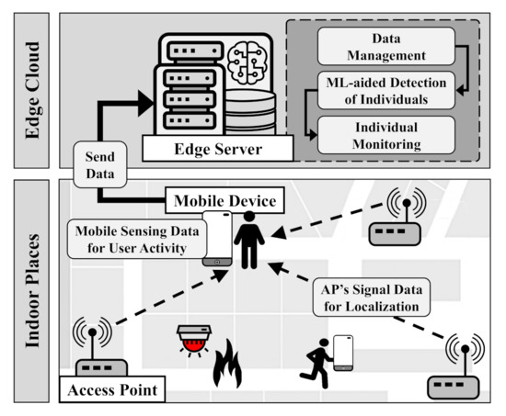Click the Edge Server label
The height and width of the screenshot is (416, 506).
(x=218, y=148)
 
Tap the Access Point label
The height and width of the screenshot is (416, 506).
(x=109, y=391)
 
